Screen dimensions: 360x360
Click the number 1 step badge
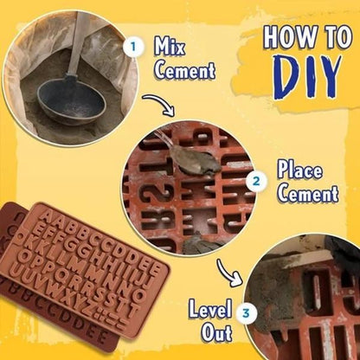[x=132, y=48]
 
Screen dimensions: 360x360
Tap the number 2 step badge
[x=255, y=181]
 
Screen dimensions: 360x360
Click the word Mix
[x=170, y=45]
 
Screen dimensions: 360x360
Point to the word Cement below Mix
[x=184, y=70]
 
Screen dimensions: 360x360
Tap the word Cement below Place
[x=307, y=193]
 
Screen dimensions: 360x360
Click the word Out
[x=216, y=333]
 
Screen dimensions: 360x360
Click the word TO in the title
[x=333, y=38]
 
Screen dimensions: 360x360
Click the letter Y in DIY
[x=329, y=78]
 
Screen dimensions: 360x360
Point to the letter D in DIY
[x=283, y=78]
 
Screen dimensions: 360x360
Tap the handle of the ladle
[x=80, y=43]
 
